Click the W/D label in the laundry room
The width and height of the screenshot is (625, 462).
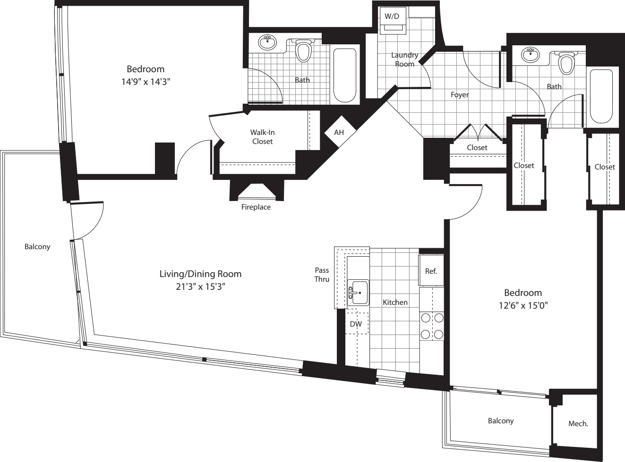pyautogui.click(x=392, y=17)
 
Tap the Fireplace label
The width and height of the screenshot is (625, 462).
pyautogui.click(x=256, y=207)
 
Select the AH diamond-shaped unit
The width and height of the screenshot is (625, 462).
pyautogui.click(x=339, y=132)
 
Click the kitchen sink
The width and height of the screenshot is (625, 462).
pyautogui.click(x=359, y=293)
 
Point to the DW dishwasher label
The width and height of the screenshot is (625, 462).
pyautogui.click(x=356, y=324)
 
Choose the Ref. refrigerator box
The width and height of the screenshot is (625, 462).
pyautogui.click(x=431, y=271)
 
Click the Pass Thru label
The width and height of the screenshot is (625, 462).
pyautogui.click(x=322, y=275)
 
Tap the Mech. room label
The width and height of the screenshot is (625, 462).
pyautogui.click(x=578, y=423)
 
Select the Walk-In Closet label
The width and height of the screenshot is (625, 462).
pyautogui.click(x=262, y=137)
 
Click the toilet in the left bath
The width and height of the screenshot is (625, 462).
pyautogui.click(x=303, y=51)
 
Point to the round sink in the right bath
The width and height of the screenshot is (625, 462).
pyautogui.click(x=531, y=55)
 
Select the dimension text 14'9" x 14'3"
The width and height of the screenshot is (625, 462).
pyautogui.click(x=146, y=82)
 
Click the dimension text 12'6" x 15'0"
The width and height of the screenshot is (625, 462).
pyautogui.click(x=523, y=305)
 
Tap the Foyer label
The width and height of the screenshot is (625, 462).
pyautogui.click(x=459, y=95)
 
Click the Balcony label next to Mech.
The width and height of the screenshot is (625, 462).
pyautogui.click(x=500, y=420)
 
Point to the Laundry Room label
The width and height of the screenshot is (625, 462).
pyautogui.click(x=404, y=59)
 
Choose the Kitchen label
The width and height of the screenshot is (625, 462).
pyautogui.click(x=395, y=302)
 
